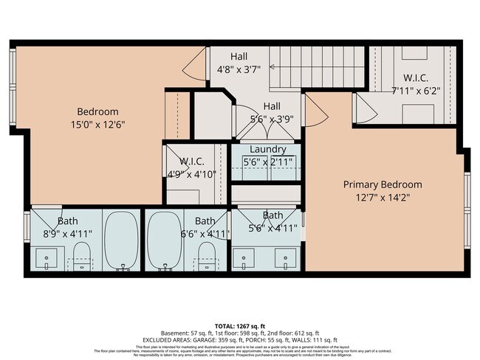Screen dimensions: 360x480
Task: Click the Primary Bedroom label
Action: [383, 184]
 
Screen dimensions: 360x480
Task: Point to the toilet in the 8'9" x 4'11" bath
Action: [80, 261]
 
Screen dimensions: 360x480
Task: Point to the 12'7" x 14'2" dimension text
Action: [383, 197]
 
